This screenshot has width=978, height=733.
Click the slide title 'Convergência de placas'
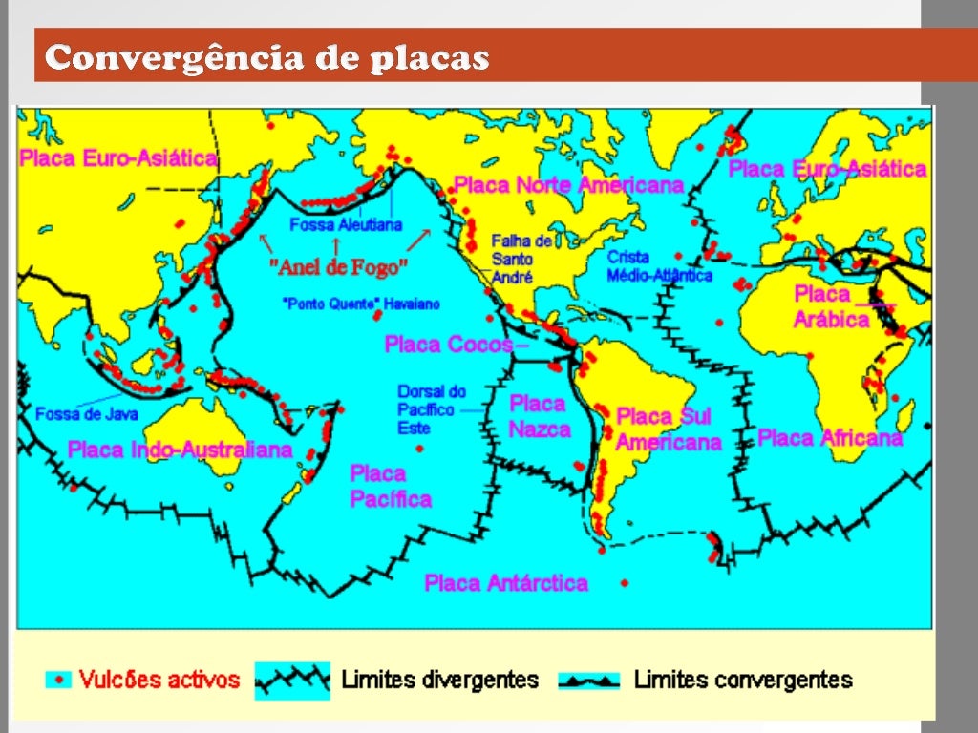[266, 59]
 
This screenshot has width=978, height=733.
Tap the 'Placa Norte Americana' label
[569, 185]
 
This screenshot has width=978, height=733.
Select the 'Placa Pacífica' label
[391, 486]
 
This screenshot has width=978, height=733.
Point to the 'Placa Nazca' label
[540, 416]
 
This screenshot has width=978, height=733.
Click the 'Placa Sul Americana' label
[668, 429]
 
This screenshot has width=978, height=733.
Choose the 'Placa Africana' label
[829, 438]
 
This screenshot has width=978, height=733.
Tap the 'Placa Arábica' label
[831, 306]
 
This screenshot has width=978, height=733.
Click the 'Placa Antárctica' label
[506, 582]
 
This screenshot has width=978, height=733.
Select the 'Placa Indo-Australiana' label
[180, 450]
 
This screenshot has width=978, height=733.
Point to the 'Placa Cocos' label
[449, 344]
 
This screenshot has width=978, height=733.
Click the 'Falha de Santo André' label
[521, 259]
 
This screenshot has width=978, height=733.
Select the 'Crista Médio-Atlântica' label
[659, 266]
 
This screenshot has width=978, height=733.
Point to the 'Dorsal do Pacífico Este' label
[432, 409]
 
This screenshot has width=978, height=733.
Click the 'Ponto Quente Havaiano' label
[361, 304]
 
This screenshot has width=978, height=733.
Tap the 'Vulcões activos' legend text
[159, 681]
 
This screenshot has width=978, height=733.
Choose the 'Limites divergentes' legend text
[439, 681]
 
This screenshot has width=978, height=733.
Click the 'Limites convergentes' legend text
[742, 681]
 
